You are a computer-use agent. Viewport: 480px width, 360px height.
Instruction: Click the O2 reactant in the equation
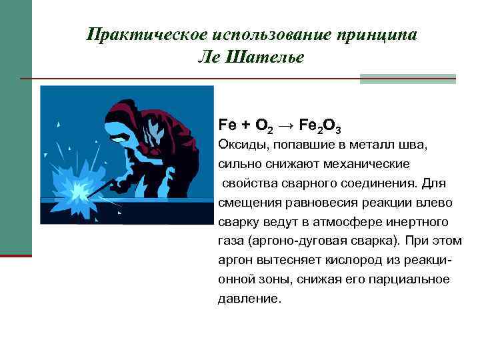263,125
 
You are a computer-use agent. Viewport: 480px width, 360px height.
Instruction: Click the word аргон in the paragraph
234,260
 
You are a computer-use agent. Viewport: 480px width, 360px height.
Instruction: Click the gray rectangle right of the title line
407,79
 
